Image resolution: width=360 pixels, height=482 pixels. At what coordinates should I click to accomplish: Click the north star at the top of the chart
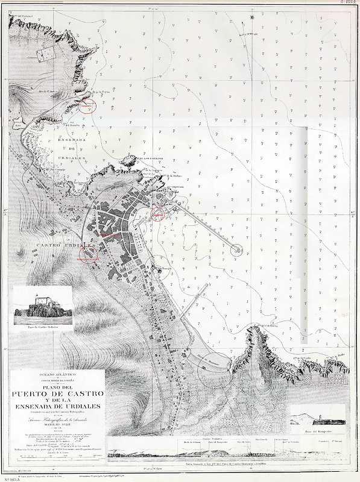click(253, 16)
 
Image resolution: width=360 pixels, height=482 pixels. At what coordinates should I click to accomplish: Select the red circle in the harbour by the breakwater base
click(158, 214)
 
